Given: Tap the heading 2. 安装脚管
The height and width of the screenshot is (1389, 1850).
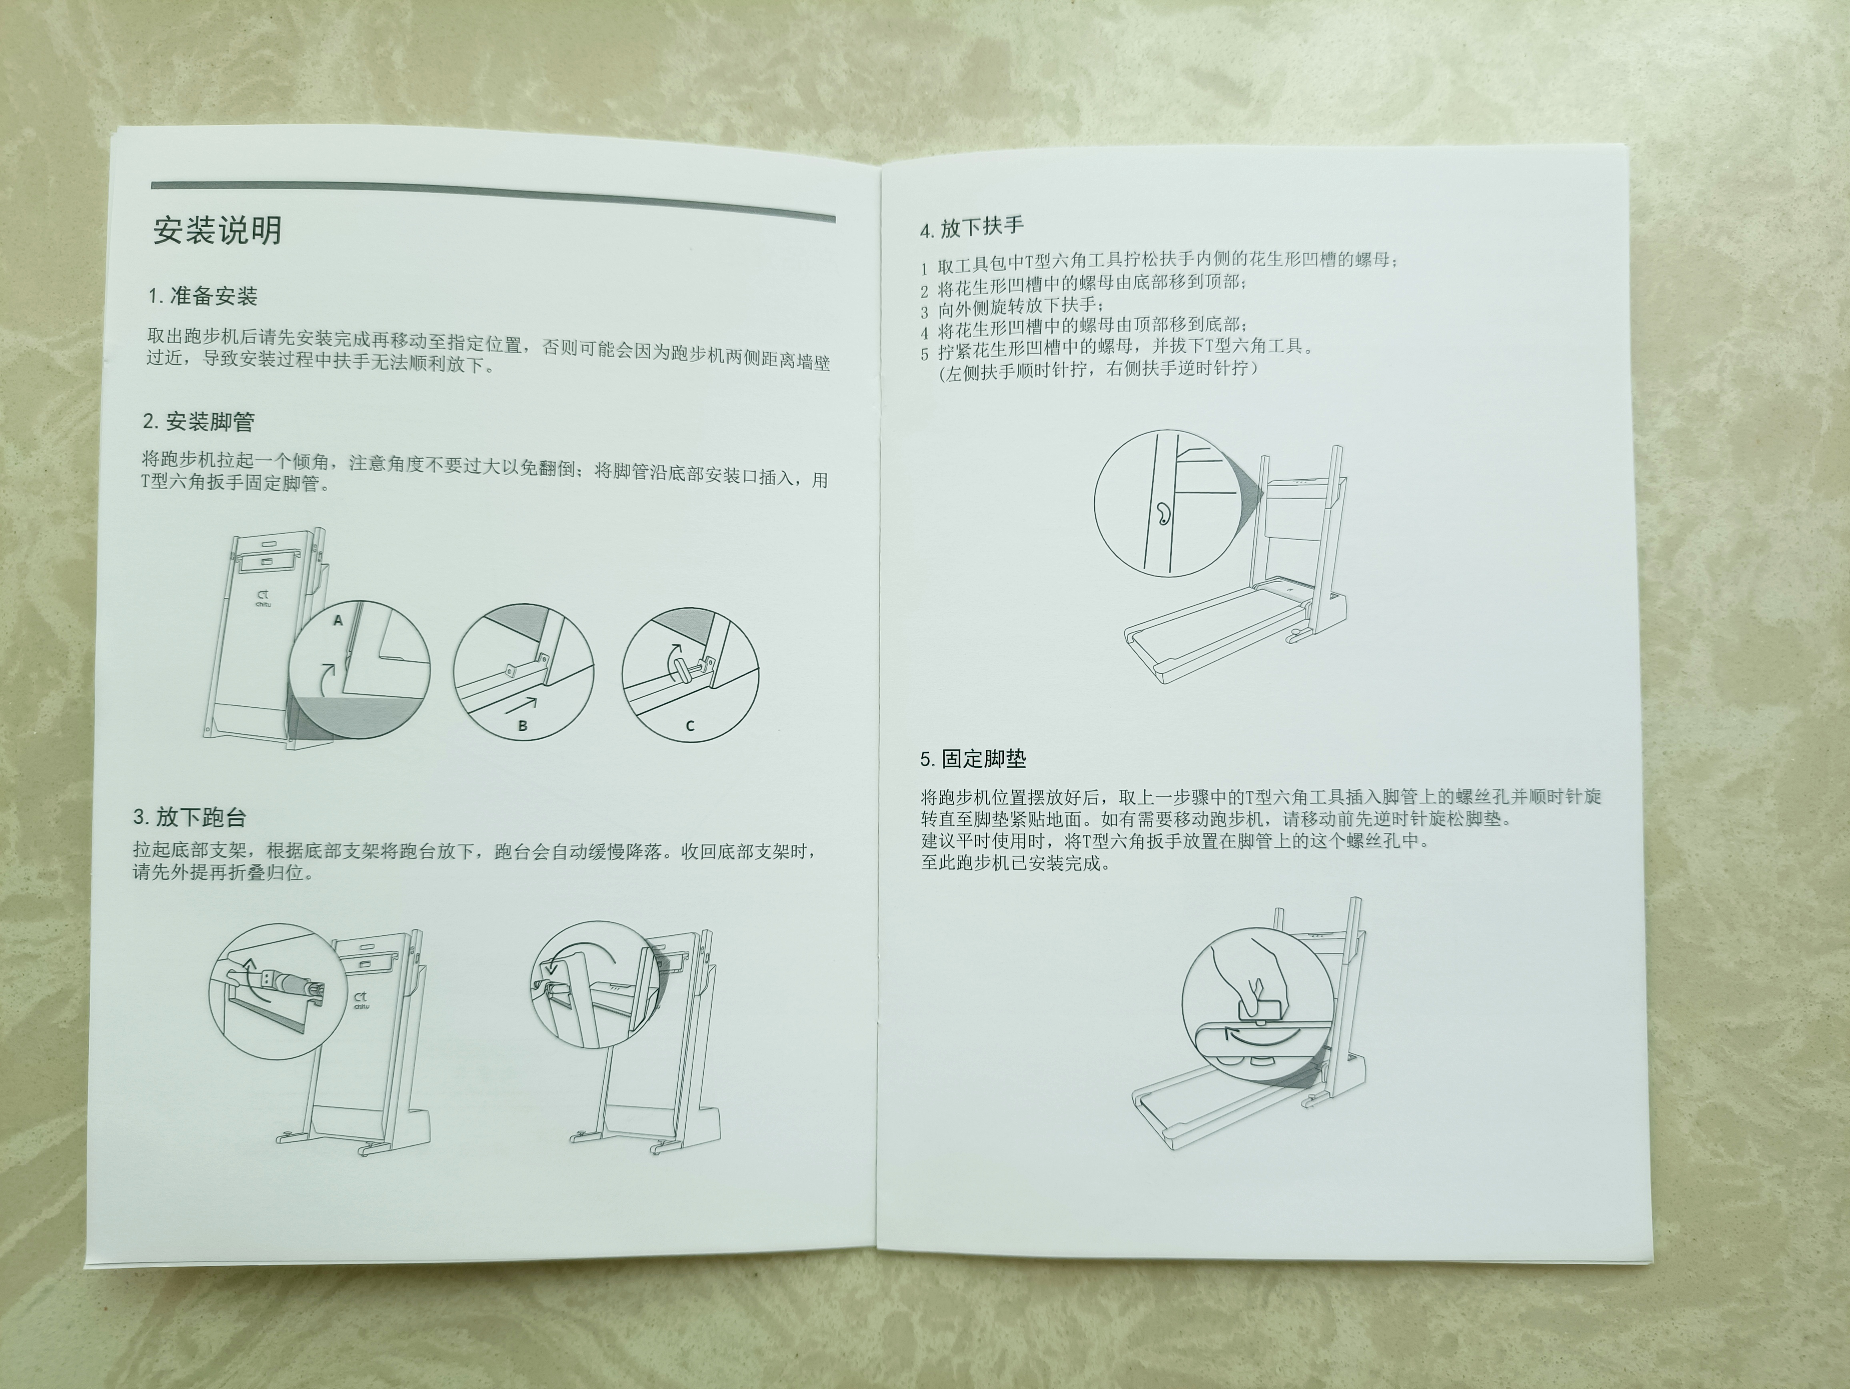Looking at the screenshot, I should click(x=198, y=422).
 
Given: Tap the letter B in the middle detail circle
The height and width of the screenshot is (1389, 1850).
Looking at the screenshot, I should click(x=523, y=726).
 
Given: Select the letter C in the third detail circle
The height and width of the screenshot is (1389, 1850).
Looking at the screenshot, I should click(x=690, y=726).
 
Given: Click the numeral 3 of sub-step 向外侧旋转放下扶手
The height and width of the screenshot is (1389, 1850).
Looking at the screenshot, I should click(x=925, y=312).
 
